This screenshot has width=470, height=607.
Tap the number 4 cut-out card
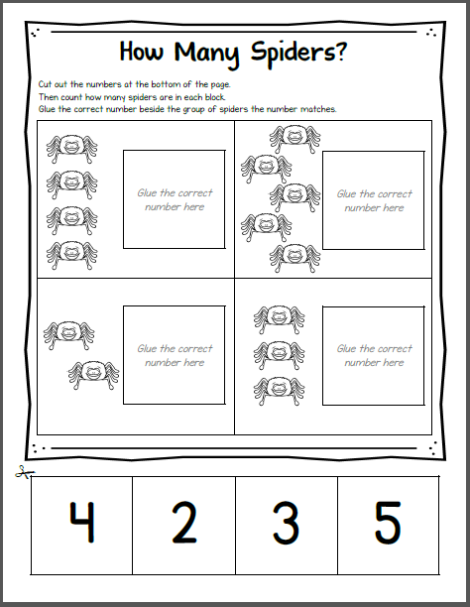(x=82, y=524)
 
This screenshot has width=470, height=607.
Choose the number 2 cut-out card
(x=184, y=524)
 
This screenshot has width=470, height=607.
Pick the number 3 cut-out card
(x=287, y=524)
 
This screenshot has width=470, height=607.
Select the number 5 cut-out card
(x=388, y=524)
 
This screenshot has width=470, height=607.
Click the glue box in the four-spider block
(x=175, y=199)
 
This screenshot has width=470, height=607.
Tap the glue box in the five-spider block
(x=374, y=199)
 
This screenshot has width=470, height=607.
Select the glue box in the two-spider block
(x=175, y=355)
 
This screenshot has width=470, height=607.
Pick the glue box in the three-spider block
(x=374, y=355)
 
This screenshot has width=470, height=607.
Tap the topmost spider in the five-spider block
(x=294, y=138)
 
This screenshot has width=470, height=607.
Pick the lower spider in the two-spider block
(x=90, y=375)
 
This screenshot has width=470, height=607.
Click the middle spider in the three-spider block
(x=279, y=353)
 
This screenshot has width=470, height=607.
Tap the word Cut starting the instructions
(x=47, y=86)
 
